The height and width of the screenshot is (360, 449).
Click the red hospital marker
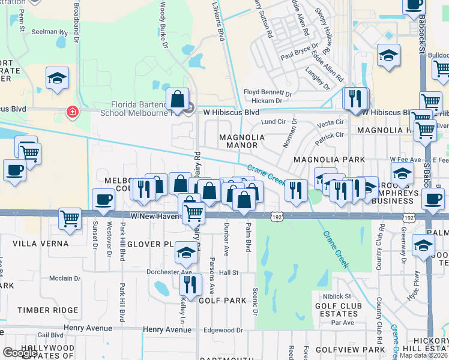(x=72, y=112)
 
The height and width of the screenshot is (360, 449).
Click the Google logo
(x=20, y=353)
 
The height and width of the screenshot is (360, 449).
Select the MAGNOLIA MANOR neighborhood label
(x=242, y=141)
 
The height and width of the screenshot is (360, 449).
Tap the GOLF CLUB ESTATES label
(x=337, y=309)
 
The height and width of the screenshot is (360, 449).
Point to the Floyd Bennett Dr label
(x=267, y=93)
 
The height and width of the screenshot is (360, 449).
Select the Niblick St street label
(x=336, y=296)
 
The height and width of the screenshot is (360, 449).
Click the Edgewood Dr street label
(x=223, y=330)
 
